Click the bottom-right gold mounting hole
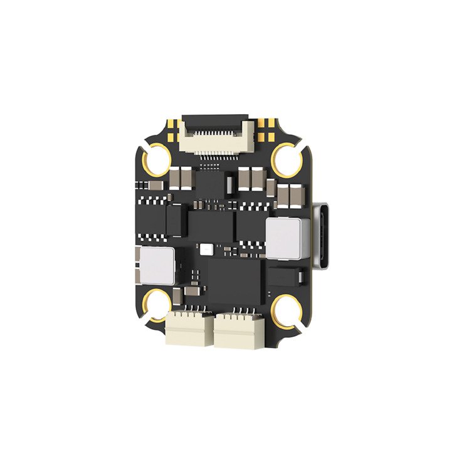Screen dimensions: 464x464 pos(288,307)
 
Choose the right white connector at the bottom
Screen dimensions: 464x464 pos(237,330)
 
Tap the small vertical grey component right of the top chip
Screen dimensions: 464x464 pos(230,184)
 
